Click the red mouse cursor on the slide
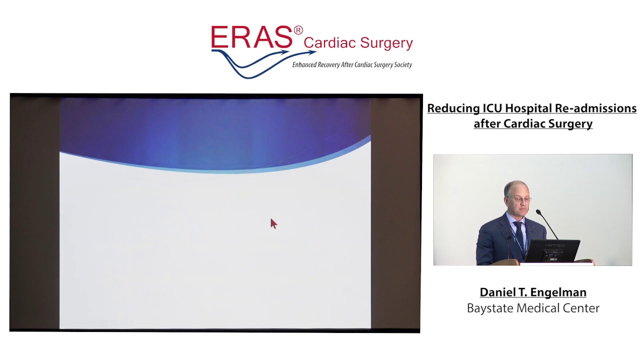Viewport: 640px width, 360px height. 273,223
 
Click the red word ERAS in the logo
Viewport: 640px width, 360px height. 251,37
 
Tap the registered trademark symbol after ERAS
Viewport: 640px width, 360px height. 298,30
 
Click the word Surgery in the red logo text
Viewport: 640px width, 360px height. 386,44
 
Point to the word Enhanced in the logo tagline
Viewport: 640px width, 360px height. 304,64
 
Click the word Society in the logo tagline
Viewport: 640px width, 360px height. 401,64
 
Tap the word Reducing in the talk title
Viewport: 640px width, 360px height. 453,108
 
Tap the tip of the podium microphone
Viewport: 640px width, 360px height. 538,212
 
